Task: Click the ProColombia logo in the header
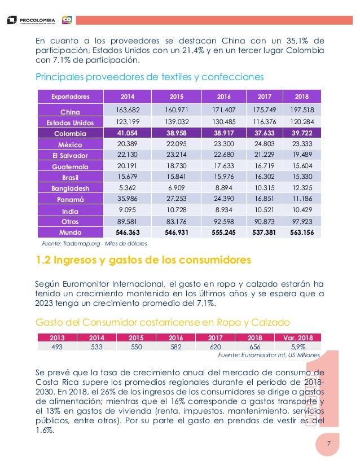[31, 20]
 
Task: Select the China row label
[71, 112]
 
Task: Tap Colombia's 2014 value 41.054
[127, 133]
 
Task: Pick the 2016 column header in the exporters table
[224, 96]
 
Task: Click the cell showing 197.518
[302, 109]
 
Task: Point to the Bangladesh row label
[71, 188]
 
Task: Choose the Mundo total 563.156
[302, 232]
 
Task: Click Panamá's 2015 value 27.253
[177, 199]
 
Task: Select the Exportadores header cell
[71, 96]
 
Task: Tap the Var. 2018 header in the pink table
[298, 338]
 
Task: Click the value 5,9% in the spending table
[298, 346]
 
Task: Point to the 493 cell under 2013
[57, 346]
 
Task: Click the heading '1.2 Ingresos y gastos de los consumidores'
[143, 260]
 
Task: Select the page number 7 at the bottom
[329, 444]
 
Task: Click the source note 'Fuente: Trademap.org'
[94, 243]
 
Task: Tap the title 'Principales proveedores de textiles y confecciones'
[150, 77]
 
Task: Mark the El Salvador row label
[71, 156]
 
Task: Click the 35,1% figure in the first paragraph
[297, 41]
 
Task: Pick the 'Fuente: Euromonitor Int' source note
[269, 355]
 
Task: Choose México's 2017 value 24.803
[265, 144]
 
